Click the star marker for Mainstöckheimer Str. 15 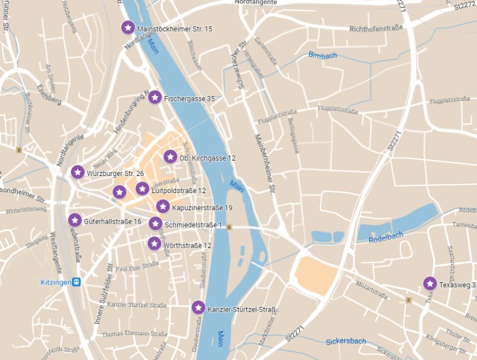pos(127,28)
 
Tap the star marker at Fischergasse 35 pos(155,97)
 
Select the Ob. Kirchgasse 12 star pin pos(171,157)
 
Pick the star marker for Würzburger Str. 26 pos(78,172)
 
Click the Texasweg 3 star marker pos(430,284)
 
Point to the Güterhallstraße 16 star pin pos(75,220)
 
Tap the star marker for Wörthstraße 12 pos(155,244)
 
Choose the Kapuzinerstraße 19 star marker pos(163,207)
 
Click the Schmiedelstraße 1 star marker pos(155,224)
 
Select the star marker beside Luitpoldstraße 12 pos(142,189)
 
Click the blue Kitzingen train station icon pos(76,282)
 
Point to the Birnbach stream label pos(322,56)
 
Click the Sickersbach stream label pos(346,342)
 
